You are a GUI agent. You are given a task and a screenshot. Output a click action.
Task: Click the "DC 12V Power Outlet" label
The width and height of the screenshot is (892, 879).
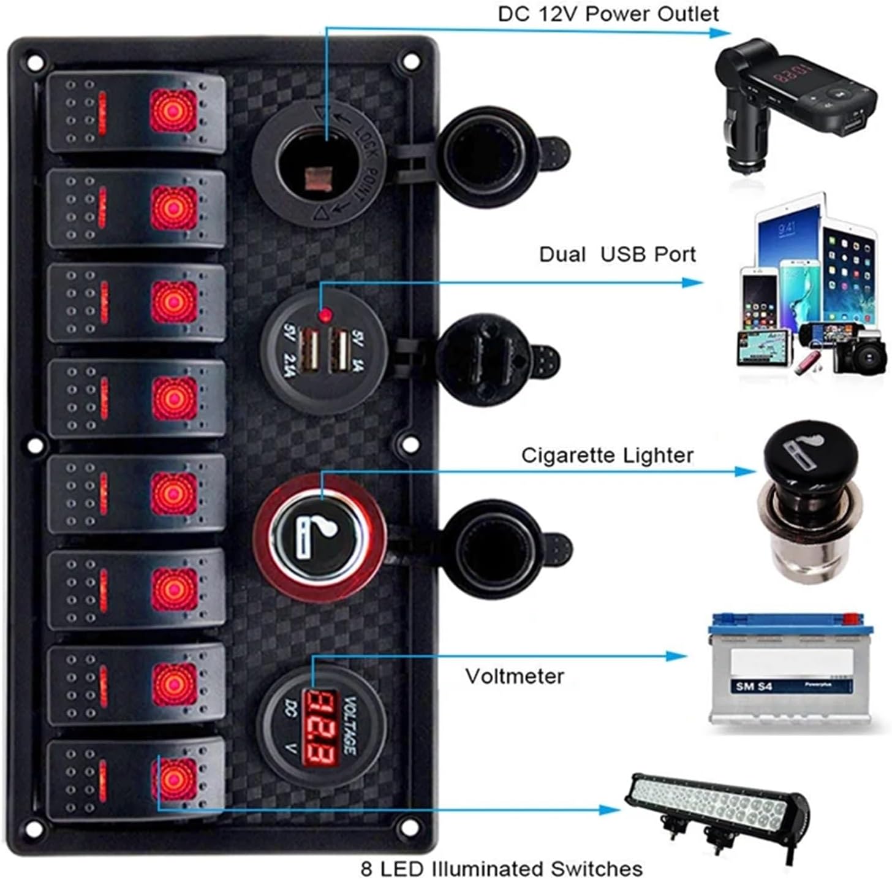pos(608,14)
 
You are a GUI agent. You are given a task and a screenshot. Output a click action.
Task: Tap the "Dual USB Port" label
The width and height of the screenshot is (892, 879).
pos(617,254)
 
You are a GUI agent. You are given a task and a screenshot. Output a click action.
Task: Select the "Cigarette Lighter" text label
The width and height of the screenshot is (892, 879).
pos(607,455)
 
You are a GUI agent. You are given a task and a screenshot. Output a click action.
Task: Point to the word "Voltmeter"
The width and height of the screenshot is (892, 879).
pos(515,676)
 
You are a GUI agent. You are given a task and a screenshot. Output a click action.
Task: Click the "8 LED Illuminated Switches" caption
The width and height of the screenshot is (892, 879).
pos(501,869)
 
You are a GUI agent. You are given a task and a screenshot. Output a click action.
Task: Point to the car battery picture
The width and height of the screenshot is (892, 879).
pos(789,672)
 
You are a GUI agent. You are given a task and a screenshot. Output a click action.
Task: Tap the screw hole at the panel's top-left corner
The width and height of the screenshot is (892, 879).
pos(36,62)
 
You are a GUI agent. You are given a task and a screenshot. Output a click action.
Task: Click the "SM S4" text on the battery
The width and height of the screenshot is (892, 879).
pos(754,686)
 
